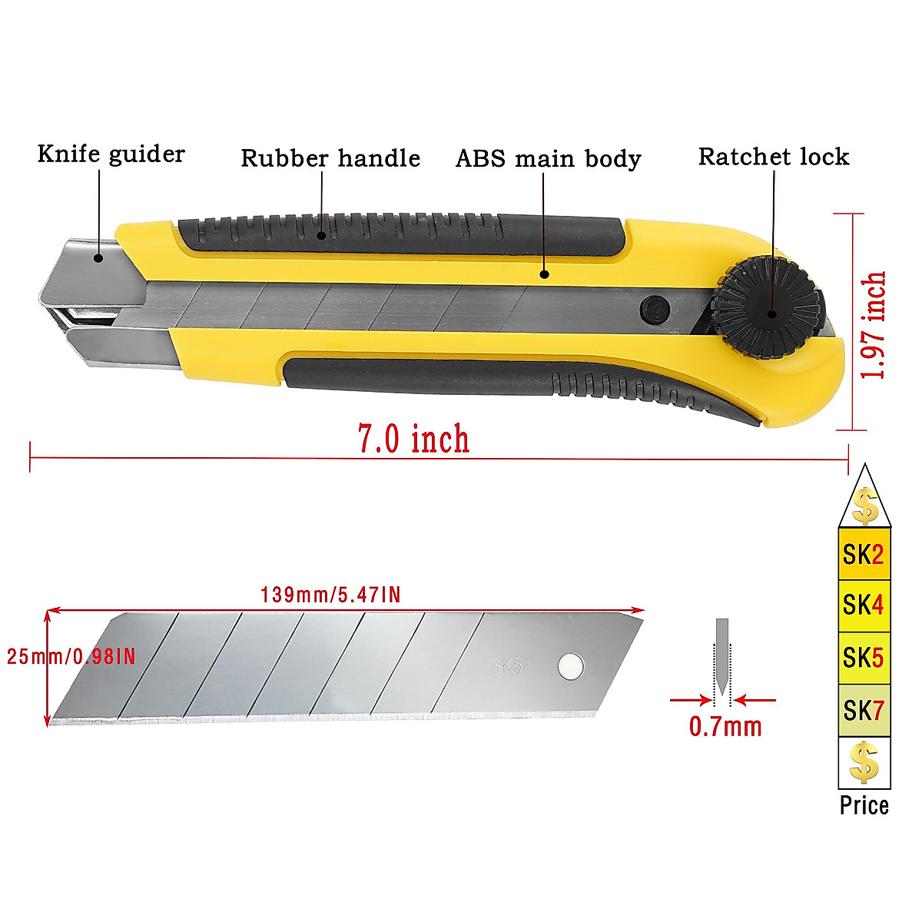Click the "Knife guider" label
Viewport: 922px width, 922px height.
(111, 154)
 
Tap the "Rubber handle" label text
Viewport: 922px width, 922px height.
(330, 158)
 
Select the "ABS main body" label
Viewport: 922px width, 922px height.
(548, 159)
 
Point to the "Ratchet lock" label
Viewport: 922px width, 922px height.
(774, 157)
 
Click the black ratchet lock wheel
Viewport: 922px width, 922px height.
(769, 308)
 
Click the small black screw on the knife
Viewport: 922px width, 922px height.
(654, 309)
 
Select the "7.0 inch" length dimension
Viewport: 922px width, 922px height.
(413, 439)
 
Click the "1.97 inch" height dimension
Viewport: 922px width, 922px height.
(874, 324)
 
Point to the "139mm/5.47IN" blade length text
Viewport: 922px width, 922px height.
(330, 595)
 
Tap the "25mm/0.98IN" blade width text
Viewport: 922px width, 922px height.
(71, 656)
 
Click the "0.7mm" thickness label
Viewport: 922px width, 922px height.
(725, 727)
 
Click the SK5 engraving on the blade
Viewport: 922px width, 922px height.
(507, 665)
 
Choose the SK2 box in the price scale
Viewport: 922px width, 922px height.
(864, 554)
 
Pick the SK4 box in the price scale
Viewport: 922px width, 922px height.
(864, 605)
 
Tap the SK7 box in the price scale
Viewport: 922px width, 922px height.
(864, 711)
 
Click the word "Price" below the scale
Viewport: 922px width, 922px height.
(864, 805)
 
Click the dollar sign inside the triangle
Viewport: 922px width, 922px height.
(865, 506)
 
